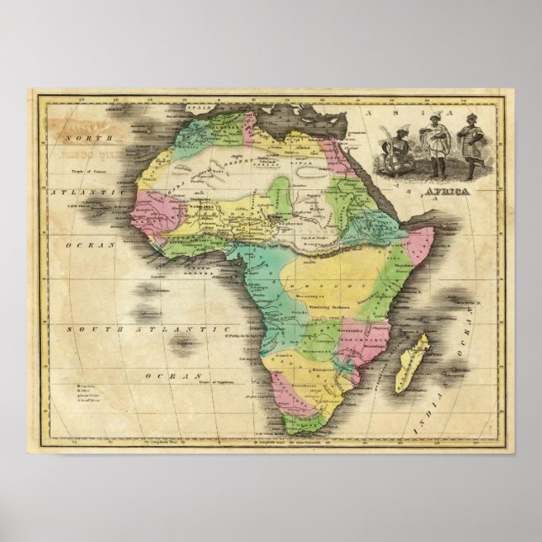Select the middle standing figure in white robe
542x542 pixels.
coord(436,146)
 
